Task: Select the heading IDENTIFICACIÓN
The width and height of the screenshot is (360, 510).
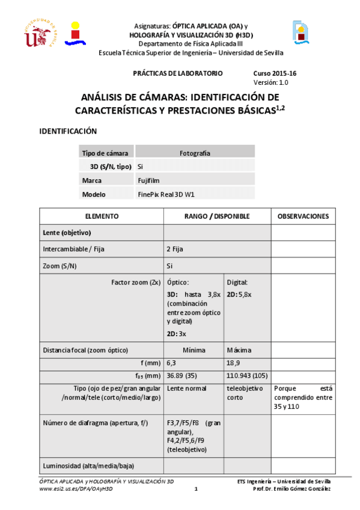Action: [68, 131]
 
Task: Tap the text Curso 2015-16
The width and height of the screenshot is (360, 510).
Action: [273, 73]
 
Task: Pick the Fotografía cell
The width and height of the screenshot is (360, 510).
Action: [195, 153]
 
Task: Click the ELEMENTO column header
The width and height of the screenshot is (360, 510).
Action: [102, 216]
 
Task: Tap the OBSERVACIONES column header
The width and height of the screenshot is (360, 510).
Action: [303, 216]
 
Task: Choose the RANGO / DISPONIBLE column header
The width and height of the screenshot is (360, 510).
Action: [217, 216]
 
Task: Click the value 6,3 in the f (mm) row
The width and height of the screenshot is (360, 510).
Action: [171, 363]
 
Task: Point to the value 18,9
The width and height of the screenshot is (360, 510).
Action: [234, 363]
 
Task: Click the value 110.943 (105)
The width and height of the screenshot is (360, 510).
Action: [246, 376]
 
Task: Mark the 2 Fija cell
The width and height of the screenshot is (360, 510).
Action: [175, 248]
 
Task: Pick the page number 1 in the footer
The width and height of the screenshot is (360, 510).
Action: [196, 489]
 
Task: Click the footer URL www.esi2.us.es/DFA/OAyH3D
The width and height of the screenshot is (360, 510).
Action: [76, 489]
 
